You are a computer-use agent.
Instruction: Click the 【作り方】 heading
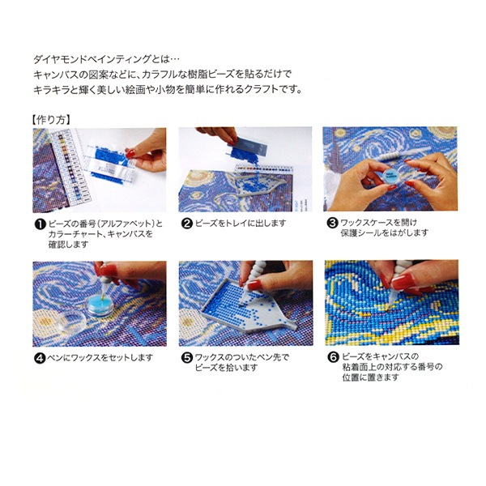[x=52, y=120]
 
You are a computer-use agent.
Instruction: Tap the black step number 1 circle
[x=40, y=224]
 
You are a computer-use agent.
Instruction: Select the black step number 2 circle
[x=186, y=224]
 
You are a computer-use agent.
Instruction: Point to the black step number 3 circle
[x=333, y=223]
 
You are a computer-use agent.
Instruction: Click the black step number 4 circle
[x=40, y=358]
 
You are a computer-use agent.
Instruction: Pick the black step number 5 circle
[x=186, y=358]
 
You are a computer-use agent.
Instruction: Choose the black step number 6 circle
[x=333, y=357]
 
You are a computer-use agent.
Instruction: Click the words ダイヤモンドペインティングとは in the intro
[x=101, y=59]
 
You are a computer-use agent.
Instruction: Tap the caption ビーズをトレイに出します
[x=241, y=224]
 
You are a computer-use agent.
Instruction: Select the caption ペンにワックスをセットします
[x=100, y=358]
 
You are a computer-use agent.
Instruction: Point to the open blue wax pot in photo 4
[x=100, y=306]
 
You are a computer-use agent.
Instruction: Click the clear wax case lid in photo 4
[x=71, y=322]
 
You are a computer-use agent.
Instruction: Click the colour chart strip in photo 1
[x=70, y=168]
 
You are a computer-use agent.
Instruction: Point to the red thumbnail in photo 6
[x=402, y=283]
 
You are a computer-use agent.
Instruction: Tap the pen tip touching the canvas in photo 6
[x=389, y=308]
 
